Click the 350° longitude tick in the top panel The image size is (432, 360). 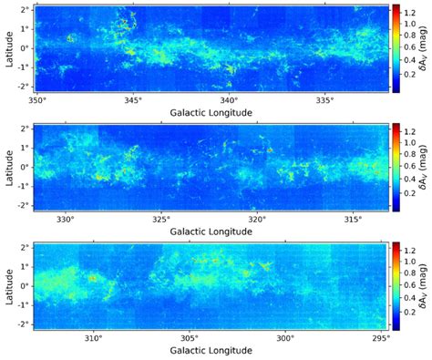37,99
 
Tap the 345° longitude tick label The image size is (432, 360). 134,99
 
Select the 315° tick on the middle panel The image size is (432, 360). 353,219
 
